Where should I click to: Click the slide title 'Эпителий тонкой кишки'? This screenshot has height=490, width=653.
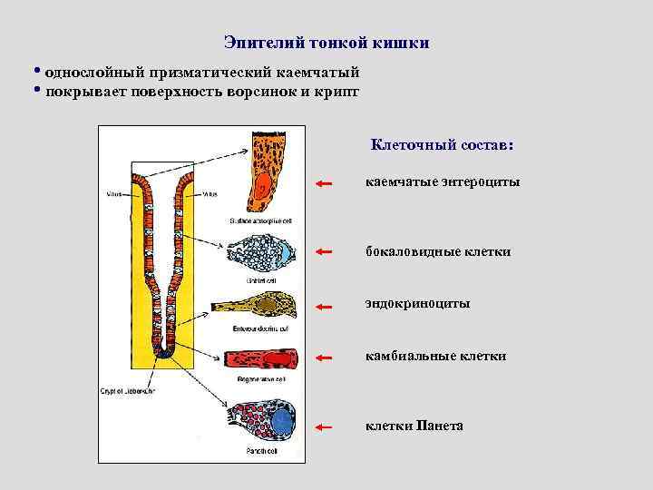pos(326,43)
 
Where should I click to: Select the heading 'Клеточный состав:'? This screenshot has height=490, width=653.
pos(442,144)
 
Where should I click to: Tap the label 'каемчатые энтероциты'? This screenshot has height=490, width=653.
pos(443,182)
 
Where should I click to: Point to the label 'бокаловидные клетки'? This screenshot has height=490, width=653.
pos(438,250)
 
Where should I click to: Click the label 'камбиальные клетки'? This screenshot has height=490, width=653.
pos(436,357)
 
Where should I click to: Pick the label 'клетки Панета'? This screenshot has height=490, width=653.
pos(414,424)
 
